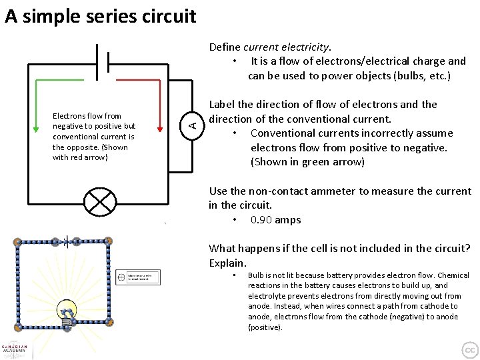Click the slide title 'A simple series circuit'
(100, 16)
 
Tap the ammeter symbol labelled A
(191, 123)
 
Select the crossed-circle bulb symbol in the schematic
(99, 201)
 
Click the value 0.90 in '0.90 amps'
(262, 220)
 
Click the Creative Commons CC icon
(469, 349)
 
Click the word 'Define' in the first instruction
(225, 47)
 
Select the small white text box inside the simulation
(138, 277)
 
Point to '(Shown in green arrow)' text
(307, 162)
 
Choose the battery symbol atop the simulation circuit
(65, 241)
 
